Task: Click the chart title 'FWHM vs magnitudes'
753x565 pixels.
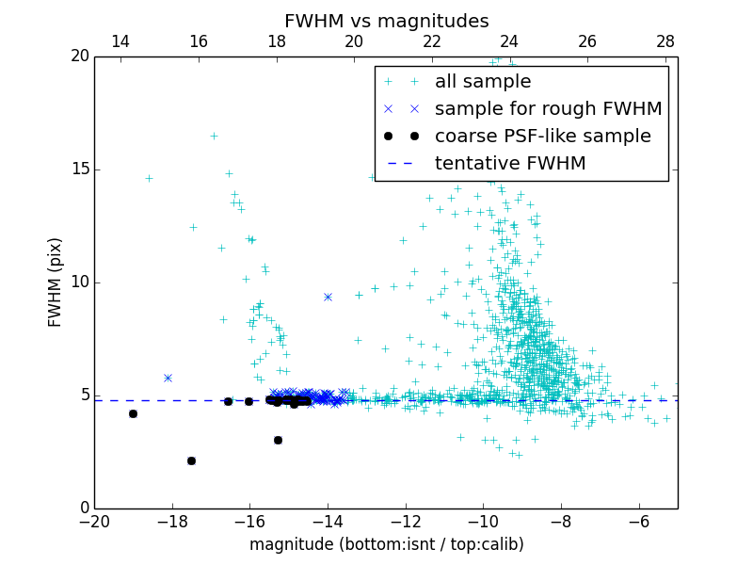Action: [386, 21]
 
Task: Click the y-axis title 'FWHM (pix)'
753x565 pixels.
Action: [56, 282]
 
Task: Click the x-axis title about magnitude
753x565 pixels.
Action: [386, 544]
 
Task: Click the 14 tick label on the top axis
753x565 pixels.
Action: [120, 41]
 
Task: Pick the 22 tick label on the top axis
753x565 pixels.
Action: [432, 41]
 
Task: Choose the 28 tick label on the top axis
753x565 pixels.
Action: [665, 41]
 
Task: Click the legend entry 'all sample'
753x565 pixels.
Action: [483, 82]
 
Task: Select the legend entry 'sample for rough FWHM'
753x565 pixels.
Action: [548, 109]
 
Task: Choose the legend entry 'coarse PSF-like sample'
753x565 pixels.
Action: [542, 137]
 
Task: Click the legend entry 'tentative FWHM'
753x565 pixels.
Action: [510, 164]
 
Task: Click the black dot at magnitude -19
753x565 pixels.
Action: [133, 413]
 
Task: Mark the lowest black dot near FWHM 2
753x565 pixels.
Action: [191, 460]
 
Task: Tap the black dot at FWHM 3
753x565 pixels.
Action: [278, 440]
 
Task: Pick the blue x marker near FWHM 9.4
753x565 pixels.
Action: [328, 297]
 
